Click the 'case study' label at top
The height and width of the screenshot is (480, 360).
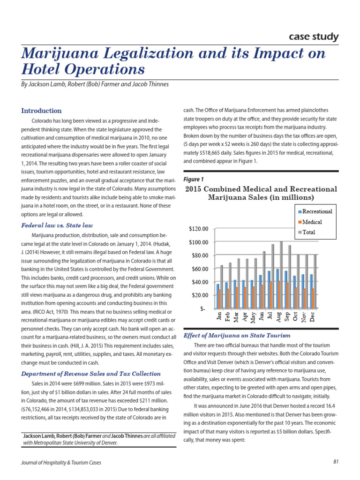(313, 37)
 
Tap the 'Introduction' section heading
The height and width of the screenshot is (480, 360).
(41, 111)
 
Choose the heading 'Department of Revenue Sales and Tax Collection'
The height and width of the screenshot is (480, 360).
(91, 374)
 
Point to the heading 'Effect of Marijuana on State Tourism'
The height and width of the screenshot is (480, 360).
(237, 336)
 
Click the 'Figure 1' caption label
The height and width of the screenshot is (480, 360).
(194, 179)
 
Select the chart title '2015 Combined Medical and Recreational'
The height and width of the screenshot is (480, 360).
(261, 189)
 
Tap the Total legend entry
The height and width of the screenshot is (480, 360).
(308, 232)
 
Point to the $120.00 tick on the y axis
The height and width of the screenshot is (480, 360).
(198, 229)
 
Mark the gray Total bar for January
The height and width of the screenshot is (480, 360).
(221, 286)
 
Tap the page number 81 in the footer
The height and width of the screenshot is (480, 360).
(336, 462)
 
